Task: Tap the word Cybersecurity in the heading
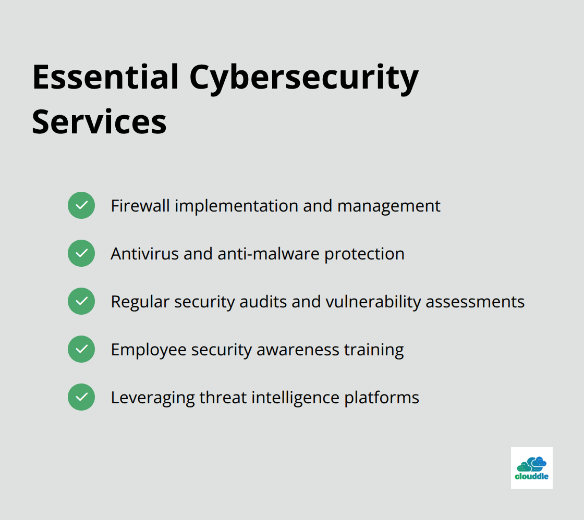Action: coord(303,78)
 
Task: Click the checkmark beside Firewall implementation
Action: coord(81,205)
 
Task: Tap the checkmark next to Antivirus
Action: coord(81,253)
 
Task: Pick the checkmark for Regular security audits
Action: coord(81,301)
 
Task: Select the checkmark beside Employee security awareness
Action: coord(81,349)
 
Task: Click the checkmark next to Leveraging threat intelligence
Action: coord(81,397)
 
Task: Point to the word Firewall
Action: coord(140,206)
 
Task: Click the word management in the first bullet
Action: coord(388,206)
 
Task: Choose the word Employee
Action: coord(148,350)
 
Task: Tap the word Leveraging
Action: coord(152,398)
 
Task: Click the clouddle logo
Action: coord(531,467)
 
